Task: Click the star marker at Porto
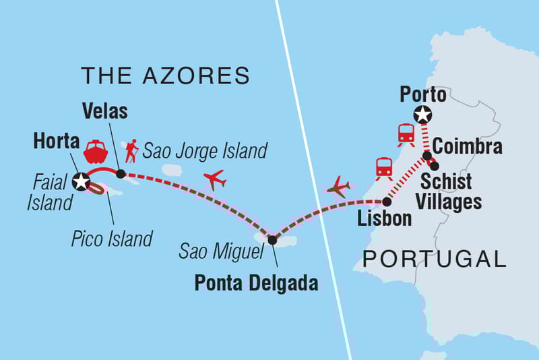pos(422,115)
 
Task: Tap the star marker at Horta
pos(82,181)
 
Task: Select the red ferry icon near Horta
pos(95,151)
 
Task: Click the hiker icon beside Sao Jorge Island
pos(131,150)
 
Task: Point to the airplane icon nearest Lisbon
pos(338,187)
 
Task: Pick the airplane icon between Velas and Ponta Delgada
pos(214,180)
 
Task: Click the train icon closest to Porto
pos(406,135)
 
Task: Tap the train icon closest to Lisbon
pos(384,167)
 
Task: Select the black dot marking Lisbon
pos(386,202)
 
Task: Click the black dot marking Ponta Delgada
pos(272,239)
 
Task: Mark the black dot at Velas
pos(120,174)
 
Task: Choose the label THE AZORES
pos(165,76)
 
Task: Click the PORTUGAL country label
pos(434,258)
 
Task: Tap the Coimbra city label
pos(467,146)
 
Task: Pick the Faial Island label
pos(49,193)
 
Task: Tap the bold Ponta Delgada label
pos(256,283)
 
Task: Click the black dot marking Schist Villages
pos(435,166)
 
